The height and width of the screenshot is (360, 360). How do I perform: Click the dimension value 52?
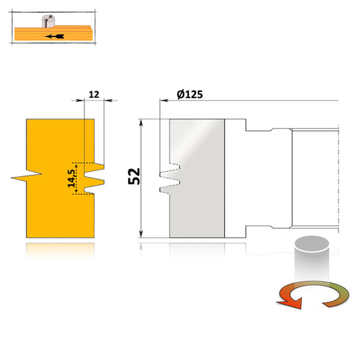pos(133,177)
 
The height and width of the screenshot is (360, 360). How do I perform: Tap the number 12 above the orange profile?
pos(94,96)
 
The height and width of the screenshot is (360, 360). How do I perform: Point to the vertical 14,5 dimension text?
pos(71,178)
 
